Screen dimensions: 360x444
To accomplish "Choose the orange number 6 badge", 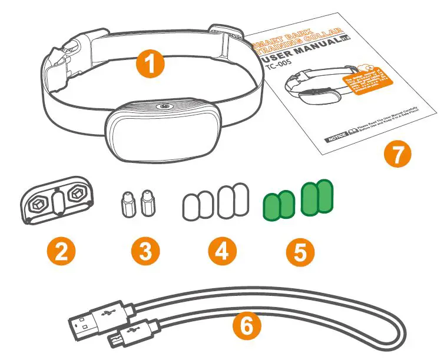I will pos(247,325).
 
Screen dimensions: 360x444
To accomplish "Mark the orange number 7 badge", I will pos(399,155).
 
